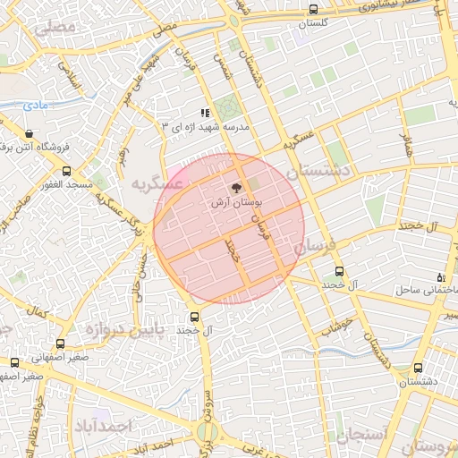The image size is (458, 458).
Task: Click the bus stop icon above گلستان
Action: [x=313, y=10]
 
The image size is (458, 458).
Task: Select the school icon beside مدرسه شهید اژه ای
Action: [x=205, y=114]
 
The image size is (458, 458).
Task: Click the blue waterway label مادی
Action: [x=35, y=106]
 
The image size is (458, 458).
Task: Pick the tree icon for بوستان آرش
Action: [x=236, y=189]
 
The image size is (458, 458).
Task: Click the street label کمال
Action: [x=38, y=313]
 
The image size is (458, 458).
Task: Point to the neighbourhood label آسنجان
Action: [x=362, y=436]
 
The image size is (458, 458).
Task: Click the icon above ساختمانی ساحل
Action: [x=439, y=277]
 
